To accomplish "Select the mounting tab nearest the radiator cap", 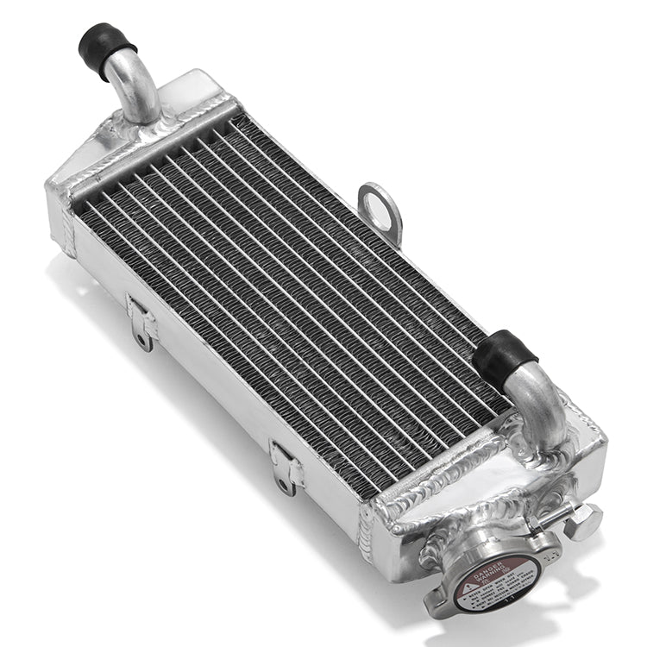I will point(286,467).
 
